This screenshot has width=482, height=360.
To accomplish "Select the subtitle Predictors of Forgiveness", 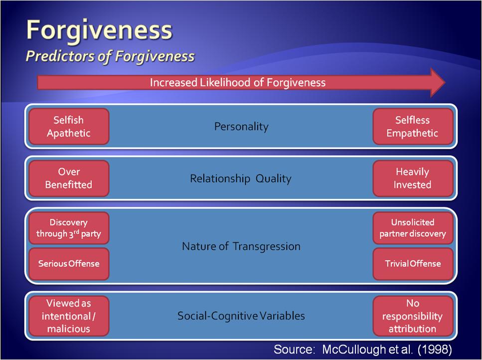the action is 110,56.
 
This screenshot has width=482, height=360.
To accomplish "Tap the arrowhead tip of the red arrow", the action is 446,82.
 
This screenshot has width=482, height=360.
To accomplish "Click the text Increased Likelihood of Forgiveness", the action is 238,83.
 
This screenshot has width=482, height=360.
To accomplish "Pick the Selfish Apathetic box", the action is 69,126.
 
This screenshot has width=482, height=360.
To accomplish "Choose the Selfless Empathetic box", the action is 413,126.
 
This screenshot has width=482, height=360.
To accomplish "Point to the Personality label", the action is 241,127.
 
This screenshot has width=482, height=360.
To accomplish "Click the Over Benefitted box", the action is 69,179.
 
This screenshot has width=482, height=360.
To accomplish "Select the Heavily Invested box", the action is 413,179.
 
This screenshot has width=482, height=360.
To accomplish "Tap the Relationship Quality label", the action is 241,179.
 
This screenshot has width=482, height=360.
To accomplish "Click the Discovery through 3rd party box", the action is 69,228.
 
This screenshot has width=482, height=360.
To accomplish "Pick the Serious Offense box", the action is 69,264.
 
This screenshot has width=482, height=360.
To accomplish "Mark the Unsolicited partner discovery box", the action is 413,228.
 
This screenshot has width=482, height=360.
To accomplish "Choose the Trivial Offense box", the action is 413,264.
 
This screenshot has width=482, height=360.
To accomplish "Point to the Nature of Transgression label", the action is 241,246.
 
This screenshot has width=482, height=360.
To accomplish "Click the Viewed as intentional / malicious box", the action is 69,316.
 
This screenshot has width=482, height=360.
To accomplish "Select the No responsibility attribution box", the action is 413,316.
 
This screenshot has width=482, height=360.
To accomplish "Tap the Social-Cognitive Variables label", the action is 241,316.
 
